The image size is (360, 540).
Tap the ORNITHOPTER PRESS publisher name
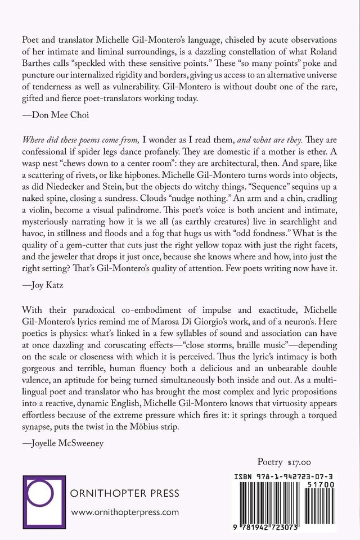coord(125,494)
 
